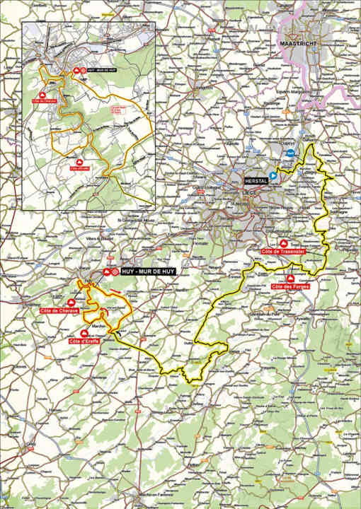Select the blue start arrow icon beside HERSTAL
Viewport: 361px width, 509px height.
tap(270, 180)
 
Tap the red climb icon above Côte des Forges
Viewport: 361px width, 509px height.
tap(292, 277)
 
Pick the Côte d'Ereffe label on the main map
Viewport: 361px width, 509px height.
tap(84, 342)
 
